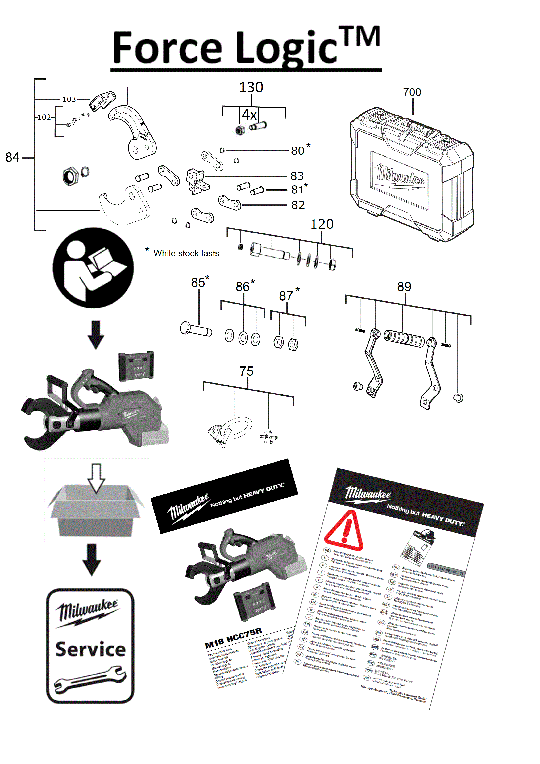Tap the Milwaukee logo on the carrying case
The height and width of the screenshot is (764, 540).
point(400,175)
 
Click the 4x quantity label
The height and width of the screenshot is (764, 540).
point(249,115)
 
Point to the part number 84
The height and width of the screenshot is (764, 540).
point(12,157)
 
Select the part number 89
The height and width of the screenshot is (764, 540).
point(404,287)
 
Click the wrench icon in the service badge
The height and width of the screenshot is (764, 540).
point(90,677)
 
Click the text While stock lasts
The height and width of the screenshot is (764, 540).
point(186,254)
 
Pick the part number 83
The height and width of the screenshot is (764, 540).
point(297,176)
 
